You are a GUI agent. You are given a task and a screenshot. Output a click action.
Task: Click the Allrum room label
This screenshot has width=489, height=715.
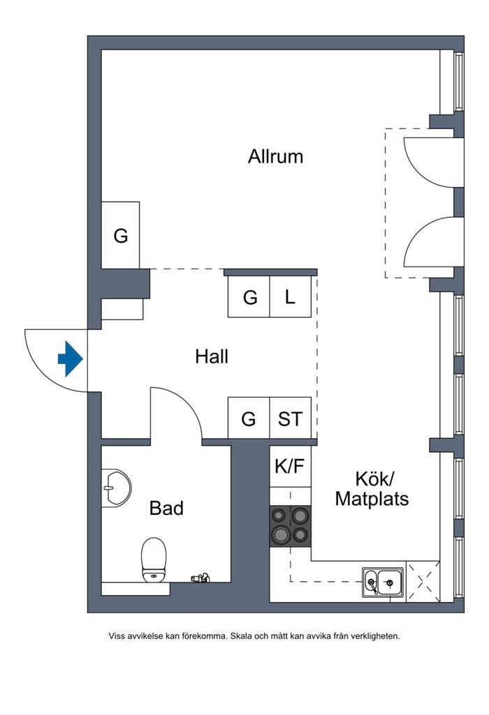(275, 156)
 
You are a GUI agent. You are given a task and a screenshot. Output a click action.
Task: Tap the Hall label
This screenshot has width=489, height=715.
(212, 356)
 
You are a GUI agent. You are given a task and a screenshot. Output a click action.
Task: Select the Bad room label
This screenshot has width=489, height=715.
(166, 508)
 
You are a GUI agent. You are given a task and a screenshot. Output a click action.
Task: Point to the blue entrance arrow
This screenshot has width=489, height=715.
(70, 359)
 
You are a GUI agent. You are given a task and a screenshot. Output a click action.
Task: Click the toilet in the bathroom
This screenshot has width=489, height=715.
(154, 558)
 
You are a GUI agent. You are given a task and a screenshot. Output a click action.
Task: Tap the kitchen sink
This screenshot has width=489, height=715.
(383, 581)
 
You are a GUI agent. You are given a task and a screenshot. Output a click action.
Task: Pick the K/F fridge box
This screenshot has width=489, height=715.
(290, 466)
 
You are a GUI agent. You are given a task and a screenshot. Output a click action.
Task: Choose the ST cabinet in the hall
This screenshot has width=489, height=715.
(291, 419)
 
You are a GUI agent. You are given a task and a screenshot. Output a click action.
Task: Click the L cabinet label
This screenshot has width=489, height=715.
(291, 298)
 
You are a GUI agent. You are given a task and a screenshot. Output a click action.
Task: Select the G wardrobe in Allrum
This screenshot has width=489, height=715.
(121, 236)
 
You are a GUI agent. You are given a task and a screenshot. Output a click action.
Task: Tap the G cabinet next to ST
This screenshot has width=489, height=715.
(249, 419)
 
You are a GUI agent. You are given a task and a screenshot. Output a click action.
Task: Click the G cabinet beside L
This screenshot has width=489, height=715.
(249, 298)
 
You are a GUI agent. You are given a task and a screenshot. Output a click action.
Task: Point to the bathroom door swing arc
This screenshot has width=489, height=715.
(189, 402)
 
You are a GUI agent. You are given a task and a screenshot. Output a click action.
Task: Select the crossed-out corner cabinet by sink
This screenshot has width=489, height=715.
(422, 581)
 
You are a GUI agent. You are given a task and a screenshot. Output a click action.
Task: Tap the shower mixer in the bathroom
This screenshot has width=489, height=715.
(201, 578)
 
